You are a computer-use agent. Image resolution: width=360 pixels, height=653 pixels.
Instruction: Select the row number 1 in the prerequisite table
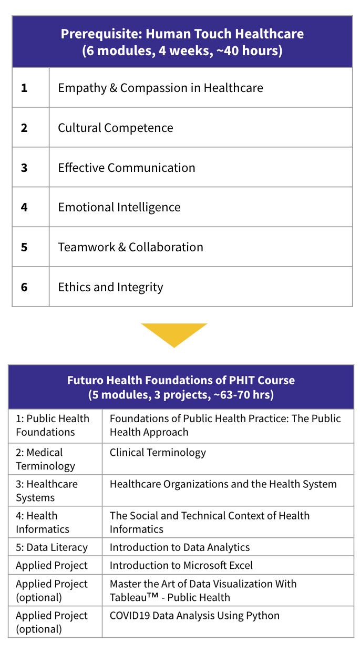click(x=24, y=88)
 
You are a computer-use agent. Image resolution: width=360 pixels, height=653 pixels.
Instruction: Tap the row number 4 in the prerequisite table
click(x=24, y=207)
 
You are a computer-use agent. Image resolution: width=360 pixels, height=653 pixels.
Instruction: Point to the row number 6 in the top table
click(x=24, y=287)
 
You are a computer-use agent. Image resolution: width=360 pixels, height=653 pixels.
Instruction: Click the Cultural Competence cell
click(x=115, y=128)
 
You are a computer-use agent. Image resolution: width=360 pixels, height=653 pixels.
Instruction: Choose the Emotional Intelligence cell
click(x=119, y=207)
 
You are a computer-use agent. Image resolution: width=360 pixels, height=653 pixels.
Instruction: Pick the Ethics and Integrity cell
click(x=110, y=287)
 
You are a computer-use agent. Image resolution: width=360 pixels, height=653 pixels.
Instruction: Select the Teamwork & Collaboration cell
click(x=130, y=247)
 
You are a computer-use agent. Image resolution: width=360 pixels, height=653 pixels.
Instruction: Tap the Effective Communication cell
click(x=126, y=168)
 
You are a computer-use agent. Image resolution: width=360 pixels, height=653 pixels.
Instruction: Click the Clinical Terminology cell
click(x=158, y=452)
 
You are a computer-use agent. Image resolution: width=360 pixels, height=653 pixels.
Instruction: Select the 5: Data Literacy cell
click(x=52, y=547)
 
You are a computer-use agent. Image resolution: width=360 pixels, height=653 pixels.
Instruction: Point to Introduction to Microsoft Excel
click(x=181, y=565)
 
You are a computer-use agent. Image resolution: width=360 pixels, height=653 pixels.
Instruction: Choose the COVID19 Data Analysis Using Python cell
click(x=194, y=615)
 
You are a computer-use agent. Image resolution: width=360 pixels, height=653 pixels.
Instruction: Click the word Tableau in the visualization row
click(x=128, y=597)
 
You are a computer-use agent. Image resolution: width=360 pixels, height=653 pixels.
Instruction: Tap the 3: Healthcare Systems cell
click(x=46, y=491)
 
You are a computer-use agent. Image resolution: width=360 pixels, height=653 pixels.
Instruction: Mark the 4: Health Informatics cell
click(x=42, y=522)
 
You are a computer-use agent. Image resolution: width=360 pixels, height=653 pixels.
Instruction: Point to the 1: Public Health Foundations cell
click(x=53, y=425)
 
